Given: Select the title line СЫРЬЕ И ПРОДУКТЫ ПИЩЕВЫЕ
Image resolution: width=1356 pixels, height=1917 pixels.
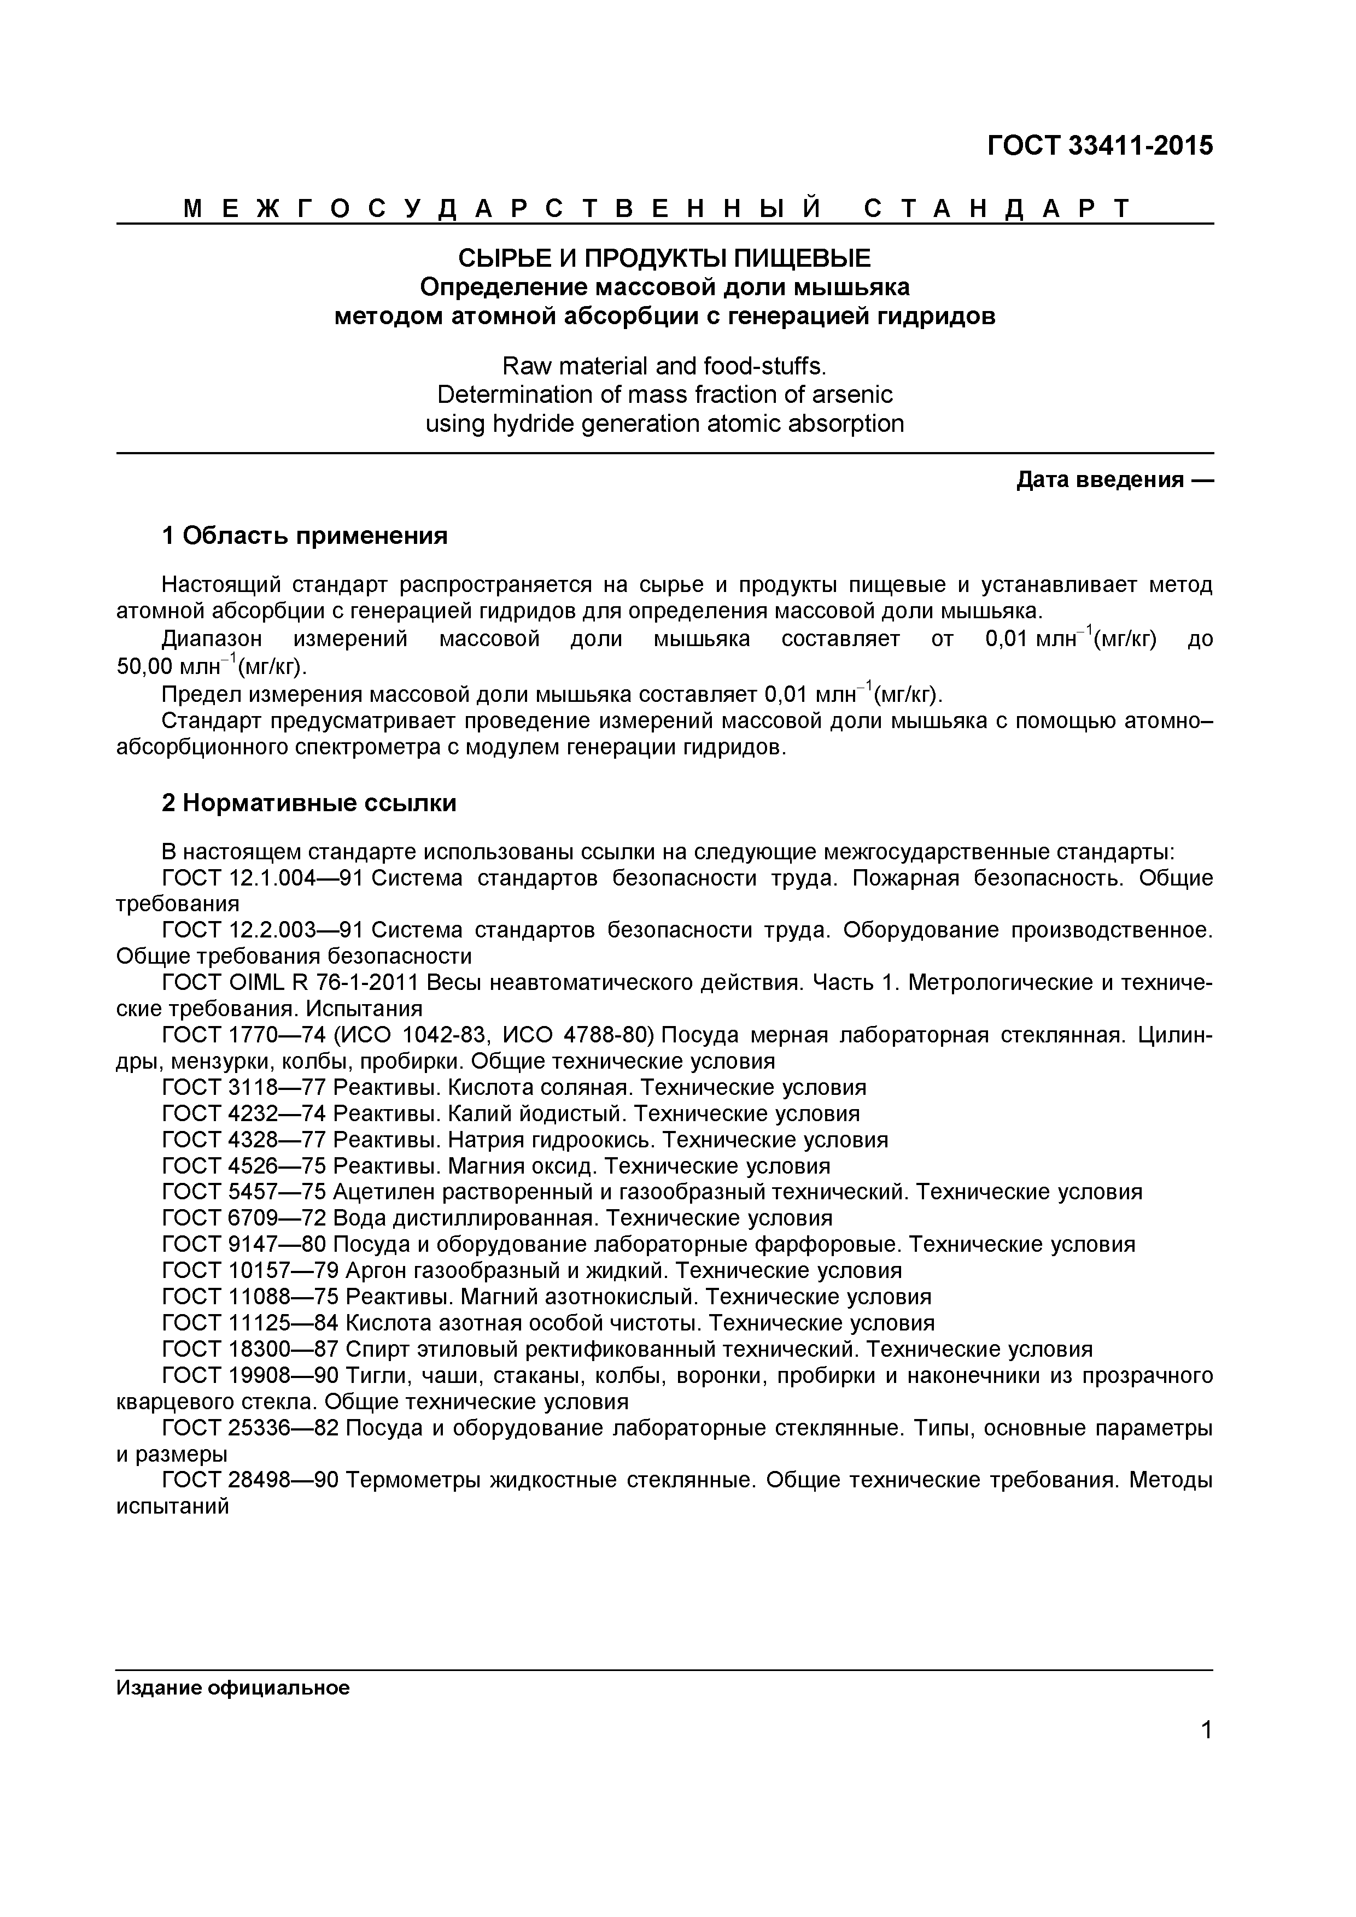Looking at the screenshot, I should tap(665, 258).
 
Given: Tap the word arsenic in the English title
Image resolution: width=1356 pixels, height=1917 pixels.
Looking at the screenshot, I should tap(850, 394).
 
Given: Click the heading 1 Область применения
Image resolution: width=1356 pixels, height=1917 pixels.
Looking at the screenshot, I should tap(305, 536).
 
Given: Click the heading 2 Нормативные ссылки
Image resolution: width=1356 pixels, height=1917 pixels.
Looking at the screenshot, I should tap(309, 803).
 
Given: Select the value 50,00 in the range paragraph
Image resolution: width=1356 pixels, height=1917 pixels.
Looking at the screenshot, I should tap(144, 667).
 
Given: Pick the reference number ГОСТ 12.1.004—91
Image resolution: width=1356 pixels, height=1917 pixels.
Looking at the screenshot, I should tap(262, 878).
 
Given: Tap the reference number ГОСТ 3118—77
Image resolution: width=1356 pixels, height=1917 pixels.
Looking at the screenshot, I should tap(244, 1088).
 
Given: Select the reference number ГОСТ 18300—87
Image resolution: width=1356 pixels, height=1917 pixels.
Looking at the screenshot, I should tap(250, 1349).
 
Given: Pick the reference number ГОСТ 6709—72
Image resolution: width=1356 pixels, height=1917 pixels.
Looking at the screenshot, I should tap(244, 1218).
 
